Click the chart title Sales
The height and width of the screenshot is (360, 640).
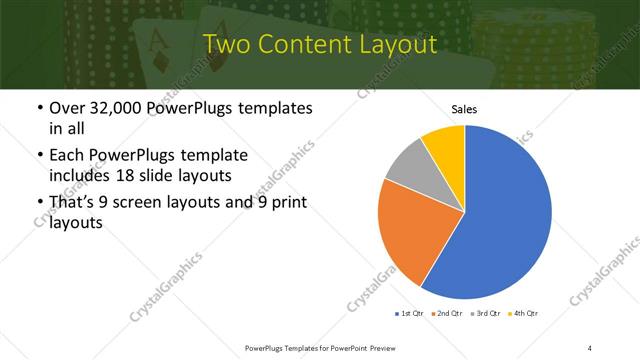[x=464, y=109]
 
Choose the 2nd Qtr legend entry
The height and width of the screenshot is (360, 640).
[x=448, y=314]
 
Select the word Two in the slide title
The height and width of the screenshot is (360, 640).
[x=229, y=45]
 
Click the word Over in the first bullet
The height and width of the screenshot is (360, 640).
[x=67, y=108]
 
